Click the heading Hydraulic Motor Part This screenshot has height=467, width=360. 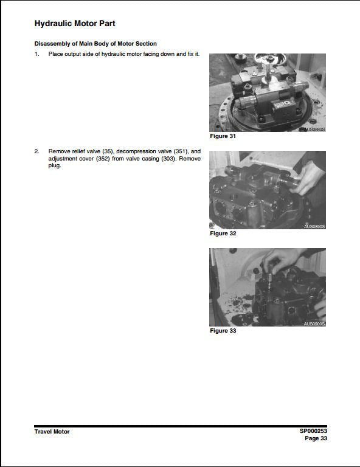coord(75,24)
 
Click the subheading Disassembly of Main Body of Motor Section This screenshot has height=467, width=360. coord(95,44)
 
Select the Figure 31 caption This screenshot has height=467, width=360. coord(223,136)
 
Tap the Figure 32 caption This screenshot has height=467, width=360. coord(223,233)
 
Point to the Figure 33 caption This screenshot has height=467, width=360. coord(223,331)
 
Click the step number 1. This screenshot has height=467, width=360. coord(36,54)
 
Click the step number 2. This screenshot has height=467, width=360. coord(36,151)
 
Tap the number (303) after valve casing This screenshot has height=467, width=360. coord(168,159)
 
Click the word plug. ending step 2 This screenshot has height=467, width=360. coord(55,166)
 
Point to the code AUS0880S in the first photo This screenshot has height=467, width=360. coord(314,130)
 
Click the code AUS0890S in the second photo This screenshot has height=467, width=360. coord(314,227)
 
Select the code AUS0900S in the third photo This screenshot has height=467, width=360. coord(314,324)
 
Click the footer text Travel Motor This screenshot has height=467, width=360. coord(52,432)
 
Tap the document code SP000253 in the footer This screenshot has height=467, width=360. coord(313,431)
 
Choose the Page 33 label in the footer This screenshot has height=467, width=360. coord(316,438)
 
